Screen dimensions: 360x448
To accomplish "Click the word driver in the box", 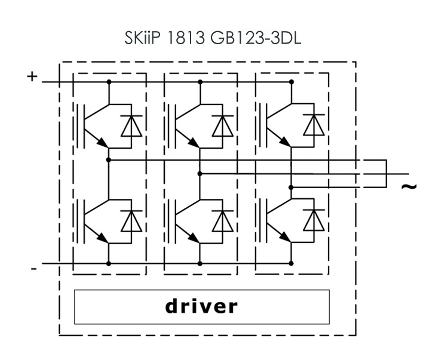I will click(201, 306).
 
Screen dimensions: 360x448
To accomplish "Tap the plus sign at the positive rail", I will click(32, 77).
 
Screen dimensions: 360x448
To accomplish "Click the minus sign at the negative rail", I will click(33, 269).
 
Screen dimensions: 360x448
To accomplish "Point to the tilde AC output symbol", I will click(408, 186).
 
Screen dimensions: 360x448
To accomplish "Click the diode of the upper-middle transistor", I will click(222, 125).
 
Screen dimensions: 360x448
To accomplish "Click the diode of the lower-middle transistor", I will click(222, 221).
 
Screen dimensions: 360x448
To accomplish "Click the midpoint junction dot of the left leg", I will click(109, 159).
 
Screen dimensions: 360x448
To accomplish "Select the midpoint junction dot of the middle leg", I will click(200, 173).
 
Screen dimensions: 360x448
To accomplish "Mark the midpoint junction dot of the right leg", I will click(291, 187).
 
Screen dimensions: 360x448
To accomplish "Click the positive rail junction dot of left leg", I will click(109, 81).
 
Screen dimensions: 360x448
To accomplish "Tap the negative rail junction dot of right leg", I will click(291, 263).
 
